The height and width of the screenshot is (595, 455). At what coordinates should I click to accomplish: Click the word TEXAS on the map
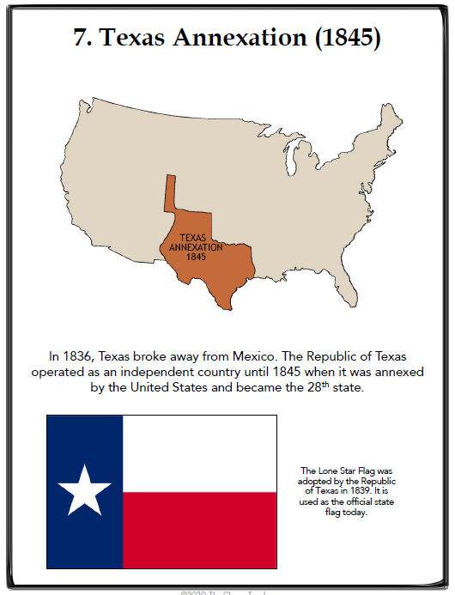195,238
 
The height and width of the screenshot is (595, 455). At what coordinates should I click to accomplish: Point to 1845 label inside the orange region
196,257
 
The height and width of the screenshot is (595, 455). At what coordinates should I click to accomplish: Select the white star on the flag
84,491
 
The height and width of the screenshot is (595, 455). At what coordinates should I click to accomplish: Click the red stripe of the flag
199,530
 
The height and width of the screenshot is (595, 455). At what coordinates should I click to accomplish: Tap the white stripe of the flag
199,453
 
